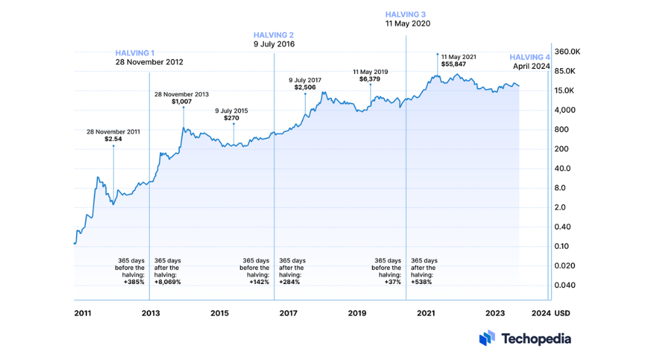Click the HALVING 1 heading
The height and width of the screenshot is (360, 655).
coord(136,53)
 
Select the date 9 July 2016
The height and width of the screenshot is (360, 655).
coord(274,45)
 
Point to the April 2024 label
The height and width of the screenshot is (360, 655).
coord(531,67)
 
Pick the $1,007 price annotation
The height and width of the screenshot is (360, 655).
coord(181,102)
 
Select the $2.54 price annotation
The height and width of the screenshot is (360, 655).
coord(113,139)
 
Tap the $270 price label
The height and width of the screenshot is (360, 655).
coord(232,119)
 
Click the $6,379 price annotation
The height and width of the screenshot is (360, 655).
coord(370,79)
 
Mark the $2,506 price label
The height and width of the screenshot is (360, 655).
coord(305,88)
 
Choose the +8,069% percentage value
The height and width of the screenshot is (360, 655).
coord(167,282)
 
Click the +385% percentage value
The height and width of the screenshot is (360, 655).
coord(134,282)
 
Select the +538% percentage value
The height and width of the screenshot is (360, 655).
coord(421,282)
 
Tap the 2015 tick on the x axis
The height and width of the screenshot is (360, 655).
coord(219,314)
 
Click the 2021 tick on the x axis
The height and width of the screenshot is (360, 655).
coord(426,314)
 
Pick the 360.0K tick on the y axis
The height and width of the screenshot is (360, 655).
coord(567,52)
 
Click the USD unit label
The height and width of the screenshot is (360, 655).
coord(563,314)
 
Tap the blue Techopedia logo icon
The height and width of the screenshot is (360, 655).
coord(487,338)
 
